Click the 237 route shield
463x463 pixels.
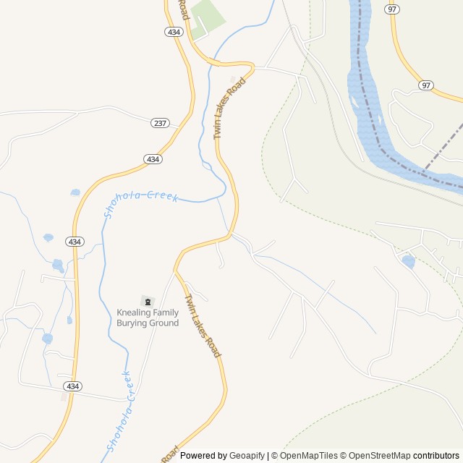point(160,123)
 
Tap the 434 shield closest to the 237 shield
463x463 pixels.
point(152,159)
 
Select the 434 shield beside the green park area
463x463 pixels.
point(173,32)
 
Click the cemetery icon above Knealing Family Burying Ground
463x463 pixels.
point(148,301)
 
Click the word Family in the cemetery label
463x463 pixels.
point(166,313)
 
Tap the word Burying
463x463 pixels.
point(132,323)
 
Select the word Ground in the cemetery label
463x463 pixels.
point(164,323)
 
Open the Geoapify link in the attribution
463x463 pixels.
point(247,456)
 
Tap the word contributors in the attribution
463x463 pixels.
point(437,456)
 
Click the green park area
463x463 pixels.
point(205,18)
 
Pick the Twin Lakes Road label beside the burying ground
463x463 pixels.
point(203,326)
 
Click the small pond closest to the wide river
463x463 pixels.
point(408,261)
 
